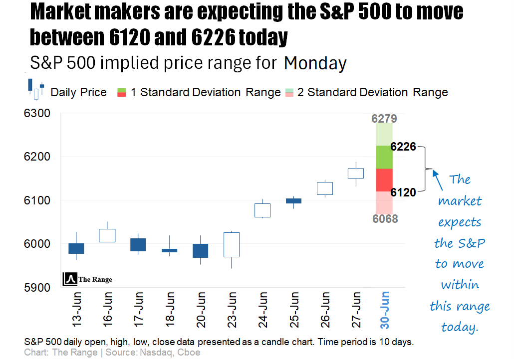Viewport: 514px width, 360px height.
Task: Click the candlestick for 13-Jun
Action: coord(76,248)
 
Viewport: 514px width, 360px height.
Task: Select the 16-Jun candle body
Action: coord(107,235)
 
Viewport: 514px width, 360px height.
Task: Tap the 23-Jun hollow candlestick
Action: coord(231,244)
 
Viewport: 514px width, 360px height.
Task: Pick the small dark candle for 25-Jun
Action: coord(293,200)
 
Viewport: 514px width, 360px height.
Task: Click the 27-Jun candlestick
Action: coord(356,173)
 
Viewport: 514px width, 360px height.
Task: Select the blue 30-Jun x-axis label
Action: coord(385,310)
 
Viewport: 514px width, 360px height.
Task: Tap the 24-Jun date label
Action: coord(262,310)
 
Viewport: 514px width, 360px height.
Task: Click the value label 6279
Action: coord(384,119)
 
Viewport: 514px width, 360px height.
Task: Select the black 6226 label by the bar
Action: coord(403,147)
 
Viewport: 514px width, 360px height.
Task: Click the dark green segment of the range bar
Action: coord(384,157)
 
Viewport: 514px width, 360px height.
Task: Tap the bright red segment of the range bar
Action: coord(384,180)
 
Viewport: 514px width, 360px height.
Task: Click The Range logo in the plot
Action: coord(88,279)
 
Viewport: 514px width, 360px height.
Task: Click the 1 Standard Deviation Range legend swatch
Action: coord(122,92)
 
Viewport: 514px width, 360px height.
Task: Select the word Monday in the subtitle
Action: coord(315,63)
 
